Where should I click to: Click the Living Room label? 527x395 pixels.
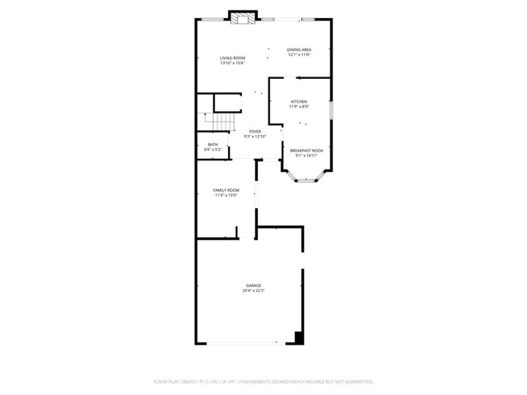232,58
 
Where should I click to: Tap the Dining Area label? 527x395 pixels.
299,49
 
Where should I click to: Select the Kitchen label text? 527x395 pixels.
298,102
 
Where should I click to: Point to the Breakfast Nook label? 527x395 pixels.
306,151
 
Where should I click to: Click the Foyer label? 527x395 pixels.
255,131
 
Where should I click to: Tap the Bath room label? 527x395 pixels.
213,146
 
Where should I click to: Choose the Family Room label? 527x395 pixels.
226,190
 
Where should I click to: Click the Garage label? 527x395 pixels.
253,286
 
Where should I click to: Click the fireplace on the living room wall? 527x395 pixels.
242,20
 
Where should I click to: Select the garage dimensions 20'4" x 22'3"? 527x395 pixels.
253,290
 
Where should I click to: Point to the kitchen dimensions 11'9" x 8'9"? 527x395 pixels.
298,107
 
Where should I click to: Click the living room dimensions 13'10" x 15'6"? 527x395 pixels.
232,63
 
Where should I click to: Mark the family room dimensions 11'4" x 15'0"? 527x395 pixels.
226,195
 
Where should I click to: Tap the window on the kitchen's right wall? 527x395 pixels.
331,111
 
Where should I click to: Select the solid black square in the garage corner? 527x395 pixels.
300,337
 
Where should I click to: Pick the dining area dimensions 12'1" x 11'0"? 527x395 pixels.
299,54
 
